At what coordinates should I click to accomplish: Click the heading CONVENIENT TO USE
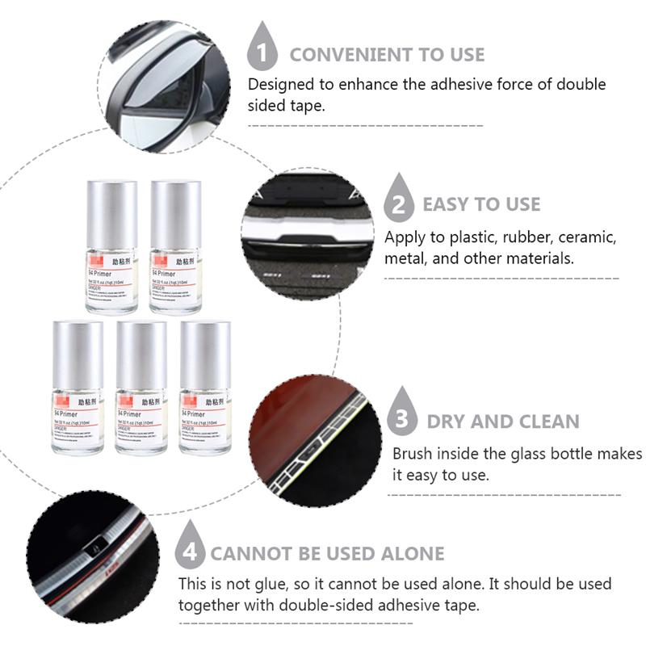(x=387, y=55)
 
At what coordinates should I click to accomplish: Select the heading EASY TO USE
(x=481, y=204)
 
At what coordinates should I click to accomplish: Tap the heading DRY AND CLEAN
(x=502, y=422)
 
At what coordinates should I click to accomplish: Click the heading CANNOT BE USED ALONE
(x=327, y=554)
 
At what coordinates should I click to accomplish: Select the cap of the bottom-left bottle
(x=78, y=354)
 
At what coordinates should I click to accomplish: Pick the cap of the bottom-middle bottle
(x=141, y=354)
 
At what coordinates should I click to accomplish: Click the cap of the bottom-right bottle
(x=205, y=354)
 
